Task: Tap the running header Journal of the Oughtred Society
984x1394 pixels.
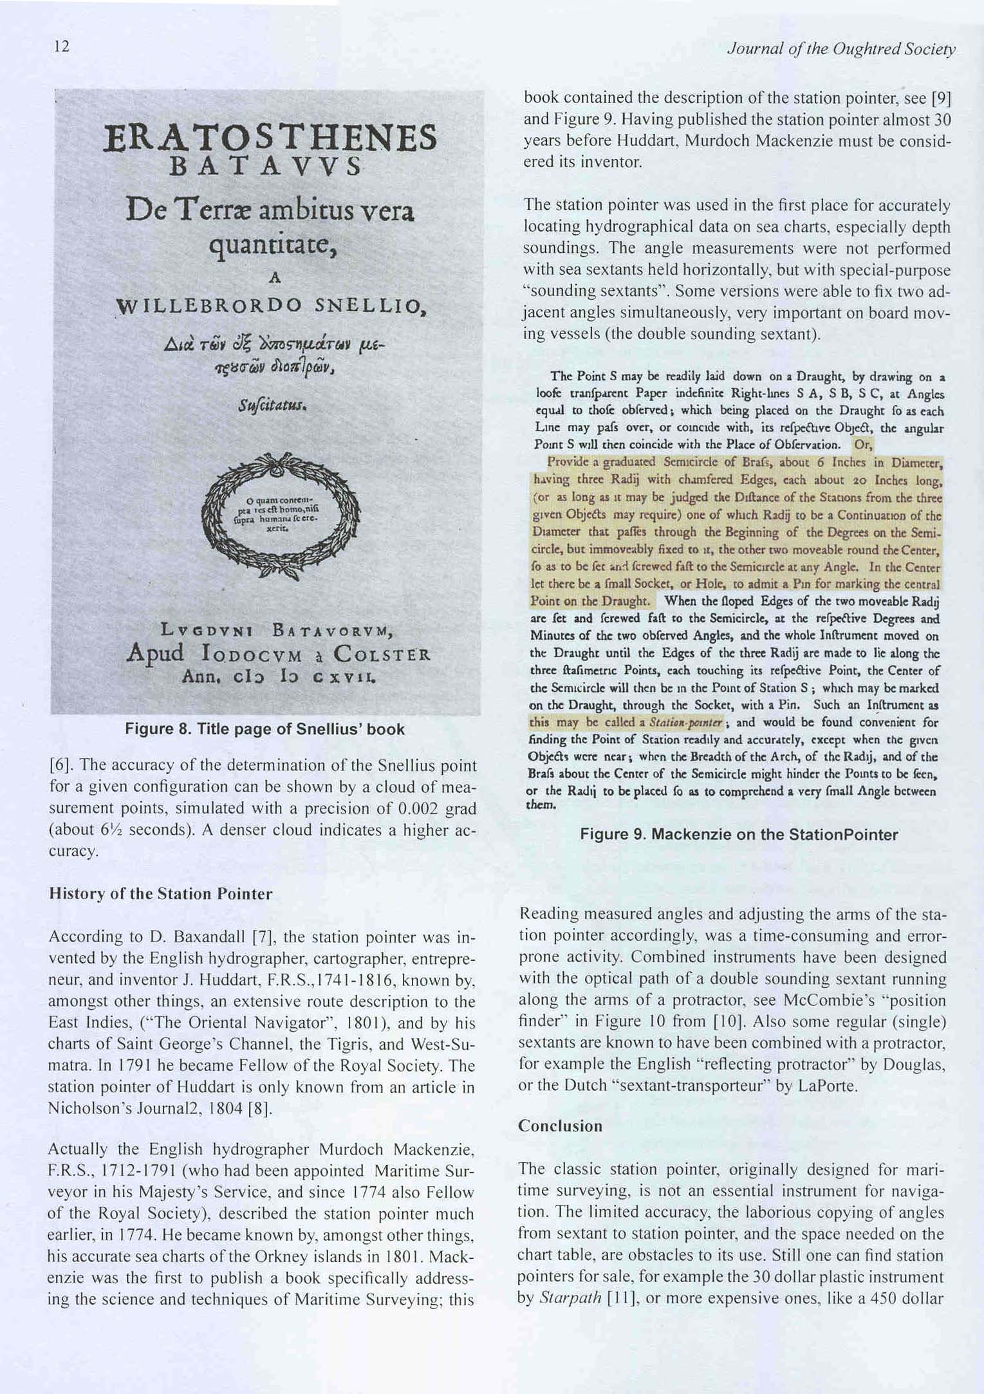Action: [840, 50]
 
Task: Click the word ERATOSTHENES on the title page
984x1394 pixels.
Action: [270, 138]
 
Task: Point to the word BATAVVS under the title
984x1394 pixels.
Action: [265, 167]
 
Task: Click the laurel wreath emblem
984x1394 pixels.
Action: [281, 516]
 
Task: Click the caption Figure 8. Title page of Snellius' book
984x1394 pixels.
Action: [265, 729]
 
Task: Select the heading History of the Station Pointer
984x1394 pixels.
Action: [161, 894]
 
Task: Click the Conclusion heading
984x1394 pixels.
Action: [561, 1126]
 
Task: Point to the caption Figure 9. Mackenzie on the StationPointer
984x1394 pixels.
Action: [739, 835]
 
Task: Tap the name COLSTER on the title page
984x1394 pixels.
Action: [382, 655]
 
